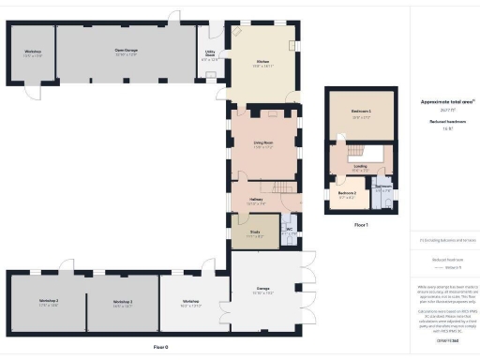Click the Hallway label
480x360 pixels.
pos(256,200)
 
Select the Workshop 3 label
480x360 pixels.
pos(123,301)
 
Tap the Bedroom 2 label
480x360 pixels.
pos(346,195)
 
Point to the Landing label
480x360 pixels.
pos(360,169)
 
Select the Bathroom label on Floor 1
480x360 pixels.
pos(383,187)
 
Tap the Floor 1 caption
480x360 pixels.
pos(361,225)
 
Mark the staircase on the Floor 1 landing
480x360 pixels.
pos(356,152)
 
